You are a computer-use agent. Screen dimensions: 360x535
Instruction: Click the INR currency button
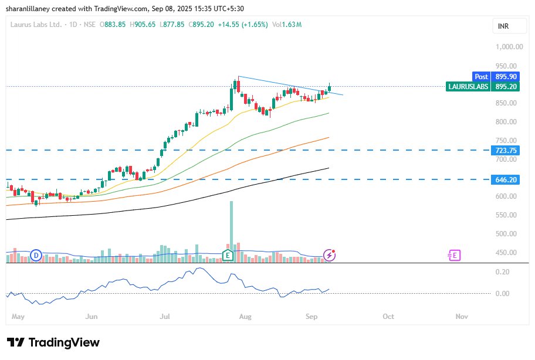[503, 26]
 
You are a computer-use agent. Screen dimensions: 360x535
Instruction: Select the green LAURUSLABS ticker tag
[468, 86]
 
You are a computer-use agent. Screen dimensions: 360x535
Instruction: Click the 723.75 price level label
[505, 151]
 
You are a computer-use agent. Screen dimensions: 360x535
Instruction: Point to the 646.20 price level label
[505, 179]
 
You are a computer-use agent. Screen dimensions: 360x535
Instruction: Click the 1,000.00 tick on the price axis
[508, 47]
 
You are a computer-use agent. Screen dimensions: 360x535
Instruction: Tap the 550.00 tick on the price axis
[506, 215]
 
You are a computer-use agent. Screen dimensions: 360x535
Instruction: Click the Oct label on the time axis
[388, 317]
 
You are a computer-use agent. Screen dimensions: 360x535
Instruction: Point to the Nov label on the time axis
[462, 317]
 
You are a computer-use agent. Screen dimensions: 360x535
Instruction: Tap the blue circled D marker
[36, 255]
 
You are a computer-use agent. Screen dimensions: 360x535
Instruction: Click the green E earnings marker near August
[228, 255]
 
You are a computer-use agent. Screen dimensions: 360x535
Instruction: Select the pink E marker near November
[454, 255]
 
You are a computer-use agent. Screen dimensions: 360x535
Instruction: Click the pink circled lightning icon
[330, 255]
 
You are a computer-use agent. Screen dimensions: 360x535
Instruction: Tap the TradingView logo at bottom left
[53, 342]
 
